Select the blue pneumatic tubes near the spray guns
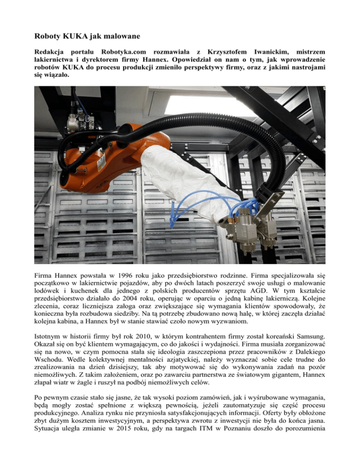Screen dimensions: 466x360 click(197, 206)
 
